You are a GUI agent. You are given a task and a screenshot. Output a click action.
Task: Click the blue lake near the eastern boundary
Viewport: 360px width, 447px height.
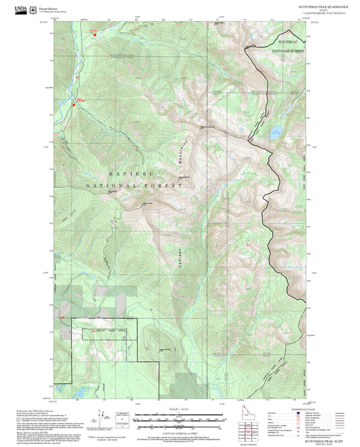(276, 130)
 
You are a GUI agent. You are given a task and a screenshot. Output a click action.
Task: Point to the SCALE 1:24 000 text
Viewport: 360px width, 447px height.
(180, 409)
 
